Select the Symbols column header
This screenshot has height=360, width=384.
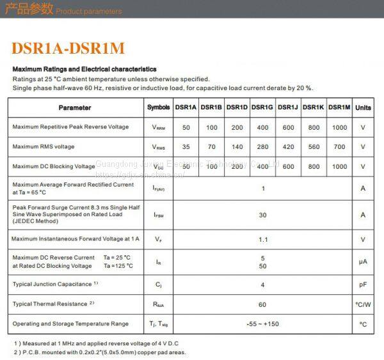(159, 107)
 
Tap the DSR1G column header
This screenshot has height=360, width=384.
(262, 107)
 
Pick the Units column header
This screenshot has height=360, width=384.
(363, 107)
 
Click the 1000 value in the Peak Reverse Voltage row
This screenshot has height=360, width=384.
(339, 127)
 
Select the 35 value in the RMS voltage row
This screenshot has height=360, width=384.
(186, 147)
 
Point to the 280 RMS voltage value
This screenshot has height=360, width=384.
(262, 147)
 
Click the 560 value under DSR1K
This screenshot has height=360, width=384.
(314, 147)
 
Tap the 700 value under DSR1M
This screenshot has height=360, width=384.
(339, 147)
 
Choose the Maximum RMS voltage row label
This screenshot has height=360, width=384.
(44, 147)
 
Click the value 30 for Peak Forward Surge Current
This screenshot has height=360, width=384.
(262, 215)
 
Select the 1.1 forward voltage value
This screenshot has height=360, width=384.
(262, 240)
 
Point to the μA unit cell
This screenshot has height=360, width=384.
(363, 262)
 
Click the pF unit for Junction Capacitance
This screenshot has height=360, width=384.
(363, 284)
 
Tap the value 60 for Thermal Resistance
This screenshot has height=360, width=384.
(262, 304)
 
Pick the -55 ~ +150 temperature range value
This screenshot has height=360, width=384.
(262, 324)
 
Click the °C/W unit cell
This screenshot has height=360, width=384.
(363, 304)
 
